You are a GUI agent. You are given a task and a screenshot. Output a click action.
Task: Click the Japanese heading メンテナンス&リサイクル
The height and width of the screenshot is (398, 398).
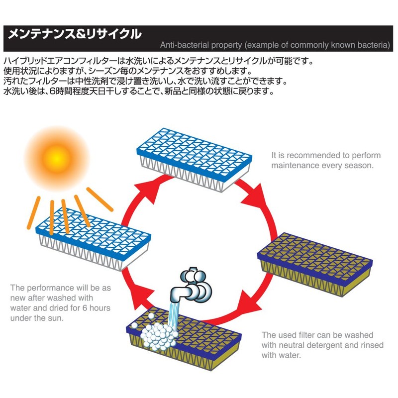(x=72, y=34)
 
